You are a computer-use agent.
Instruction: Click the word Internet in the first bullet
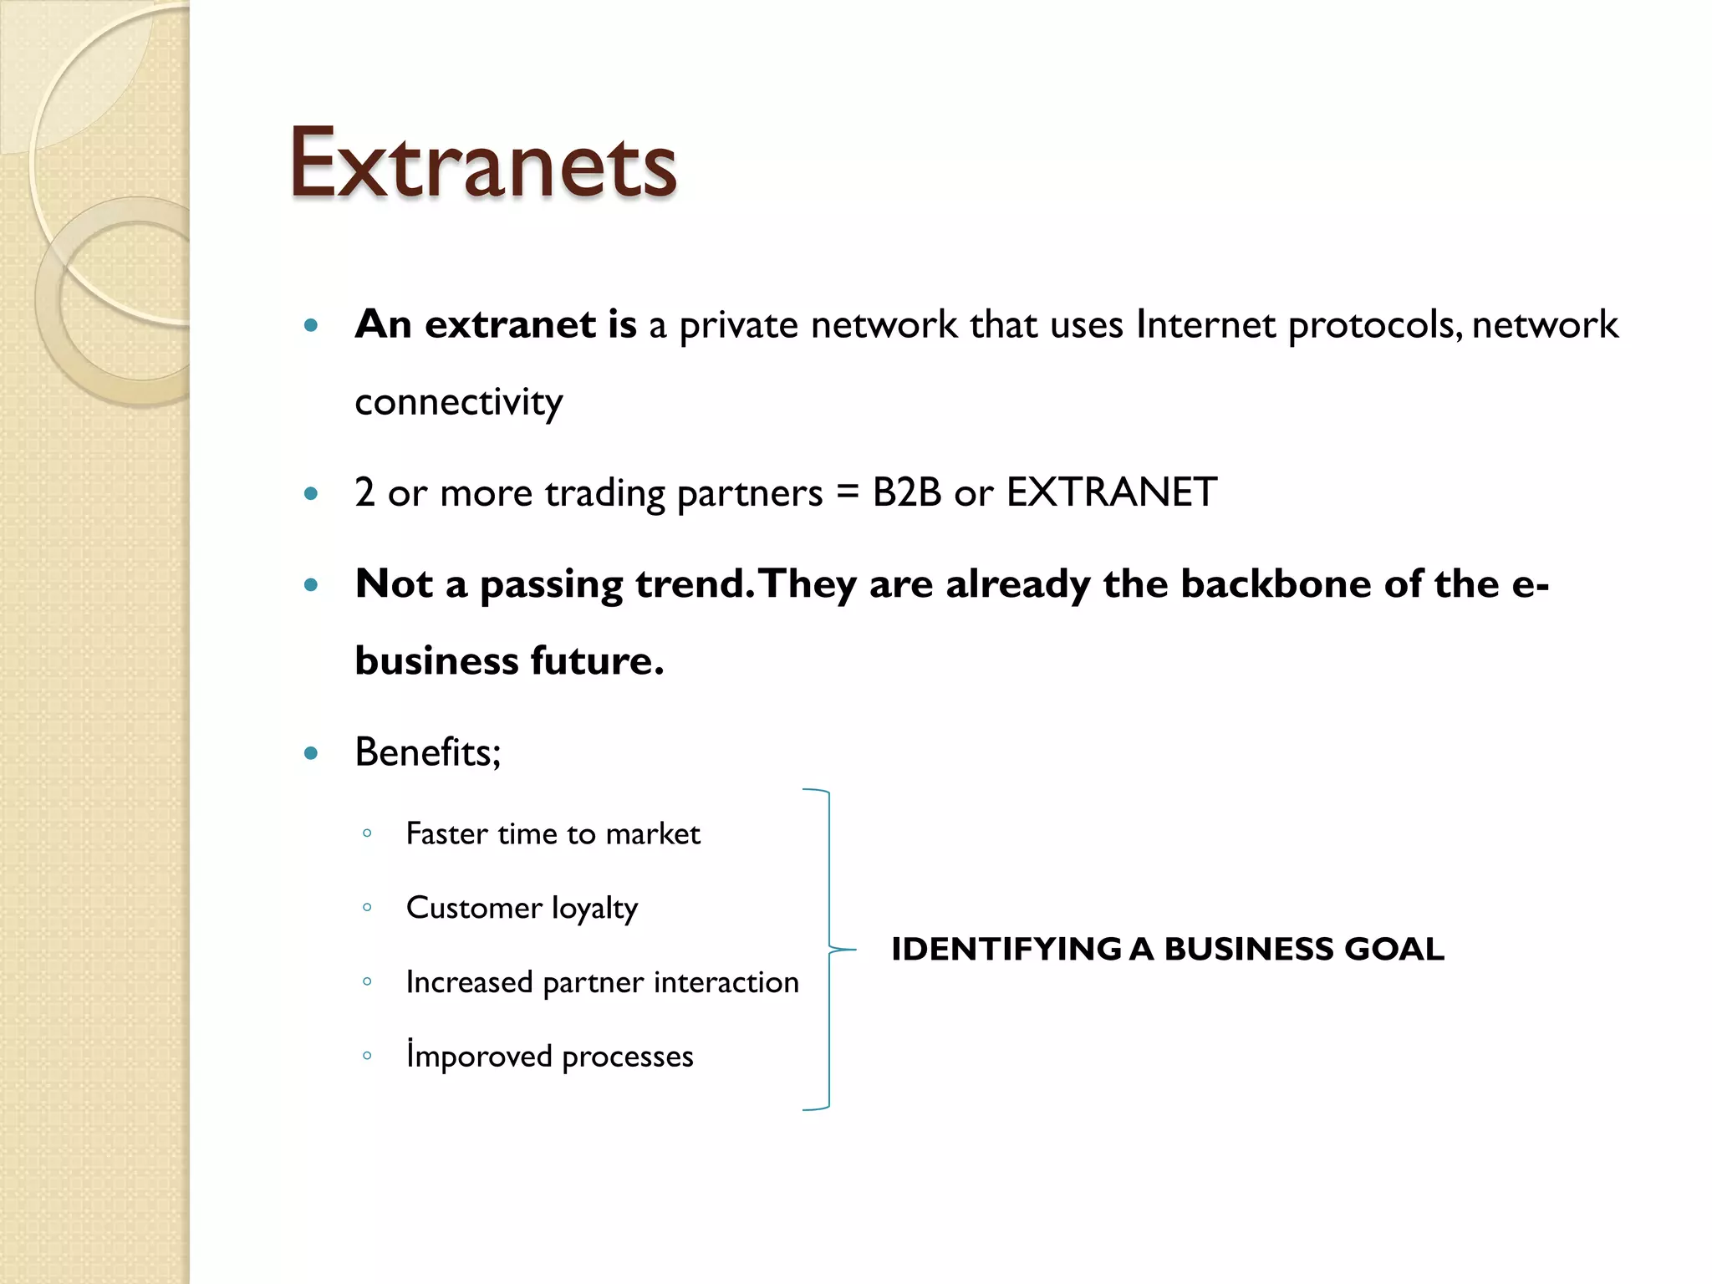1205,325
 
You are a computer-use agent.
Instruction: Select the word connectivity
458,403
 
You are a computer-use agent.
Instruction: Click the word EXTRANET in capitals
1111,492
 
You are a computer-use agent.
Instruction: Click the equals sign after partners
847,492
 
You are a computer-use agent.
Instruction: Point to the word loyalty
594,909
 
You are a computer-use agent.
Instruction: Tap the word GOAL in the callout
1394,950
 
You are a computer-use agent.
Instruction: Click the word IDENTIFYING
1006,950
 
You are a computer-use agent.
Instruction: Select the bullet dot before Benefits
311,753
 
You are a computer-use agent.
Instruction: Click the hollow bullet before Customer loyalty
367,907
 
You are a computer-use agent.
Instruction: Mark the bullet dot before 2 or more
311,494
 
